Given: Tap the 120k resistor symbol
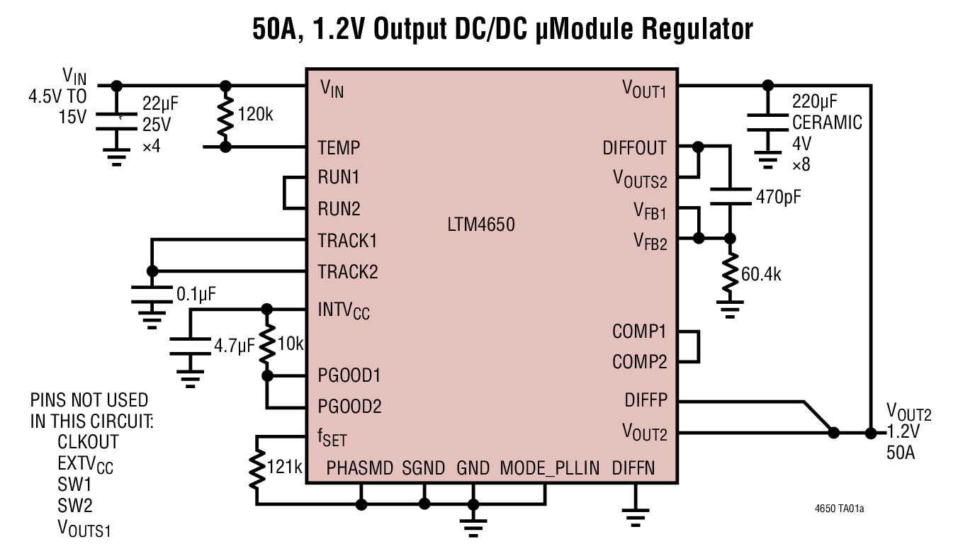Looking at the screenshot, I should point(225,116).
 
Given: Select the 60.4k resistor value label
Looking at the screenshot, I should point(761,274).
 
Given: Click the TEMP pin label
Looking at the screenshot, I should point(339,148).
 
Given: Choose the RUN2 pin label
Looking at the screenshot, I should point(339,209).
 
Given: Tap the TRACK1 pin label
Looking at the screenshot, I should point(347,241).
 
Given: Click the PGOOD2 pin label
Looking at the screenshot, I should point(349,407).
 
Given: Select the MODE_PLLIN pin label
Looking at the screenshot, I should point(549,468).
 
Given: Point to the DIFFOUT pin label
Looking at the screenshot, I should point(634,148).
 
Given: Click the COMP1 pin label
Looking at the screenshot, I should point(639,331).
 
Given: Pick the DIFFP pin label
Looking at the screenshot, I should point(646,401).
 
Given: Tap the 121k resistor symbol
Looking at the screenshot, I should point(257,468).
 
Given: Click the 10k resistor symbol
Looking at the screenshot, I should point(267,343).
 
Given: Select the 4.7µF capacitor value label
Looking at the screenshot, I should point(233,346).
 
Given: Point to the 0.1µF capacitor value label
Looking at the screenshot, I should point(195,293).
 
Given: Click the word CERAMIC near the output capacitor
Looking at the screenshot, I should point(827,123).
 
